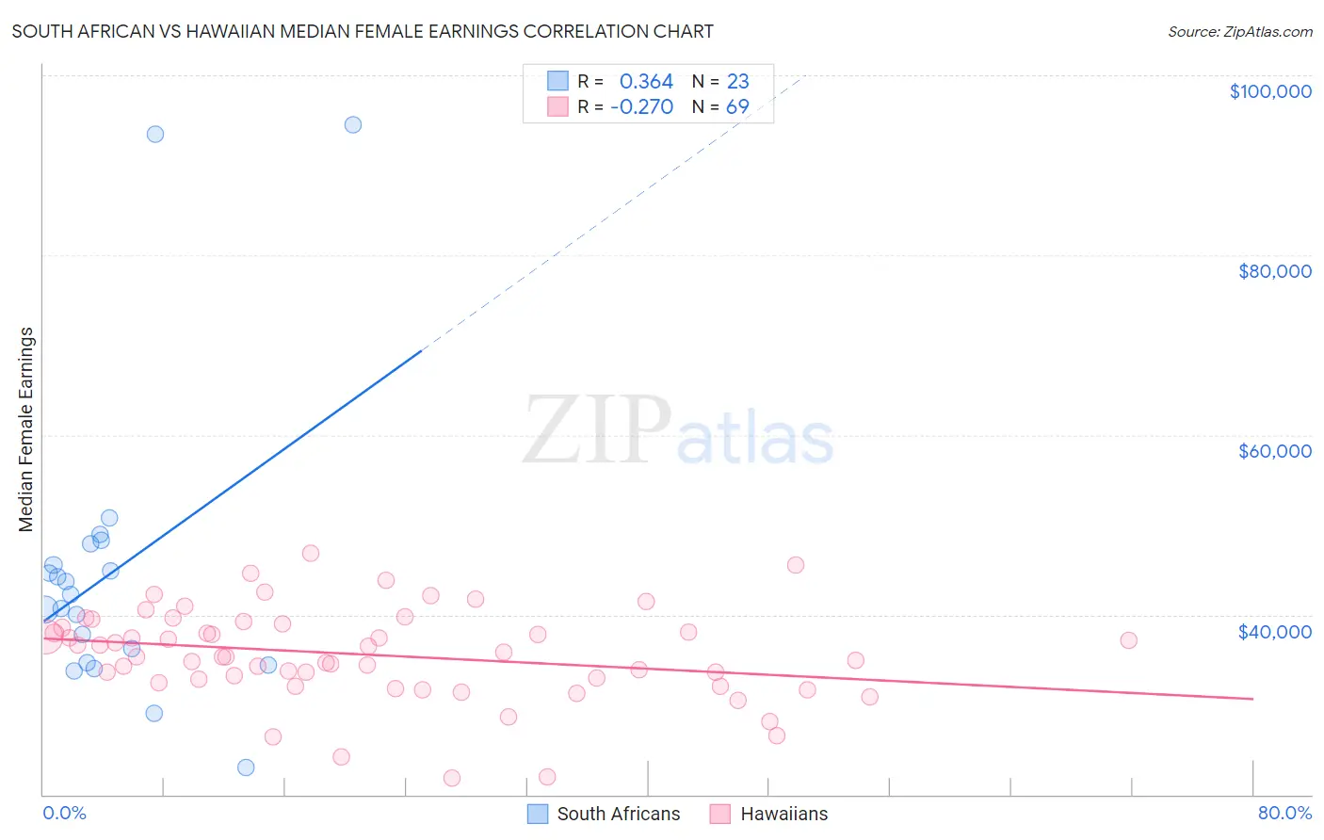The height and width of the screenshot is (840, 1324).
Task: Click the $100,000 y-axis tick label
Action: click(1269, 91)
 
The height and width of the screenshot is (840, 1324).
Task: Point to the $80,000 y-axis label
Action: click(1274, 271)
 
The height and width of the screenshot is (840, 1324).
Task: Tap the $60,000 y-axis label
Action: click(1274, 451)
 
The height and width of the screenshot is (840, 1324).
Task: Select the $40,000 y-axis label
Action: click(1274, 632)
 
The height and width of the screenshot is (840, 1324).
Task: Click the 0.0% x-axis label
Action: click(64, 813)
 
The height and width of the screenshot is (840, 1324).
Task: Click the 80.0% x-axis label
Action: click(1284, 813)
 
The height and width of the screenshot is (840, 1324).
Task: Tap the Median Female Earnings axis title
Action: click(26, 429)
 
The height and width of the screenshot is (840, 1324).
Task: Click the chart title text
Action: click(363, 31)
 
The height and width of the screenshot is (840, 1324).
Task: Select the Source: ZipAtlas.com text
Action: click(1239, 31)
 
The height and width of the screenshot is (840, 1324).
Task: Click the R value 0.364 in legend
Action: click(646, 82)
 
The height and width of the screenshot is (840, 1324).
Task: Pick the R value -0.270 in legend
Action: click(641, 107)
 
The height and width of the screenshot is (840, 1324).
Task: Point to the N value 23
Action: click(737, 82)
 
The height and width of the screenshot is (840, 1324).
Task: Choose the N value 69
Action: click(737, 107)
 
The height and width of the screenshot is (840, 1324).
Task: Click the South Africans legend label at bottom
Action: click(618, 814)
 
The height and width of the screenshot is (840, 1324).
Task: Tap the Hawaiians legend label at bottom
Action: click(783, 814)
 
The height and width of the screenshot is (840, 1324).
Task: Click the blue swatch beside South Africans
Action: click(537, 814)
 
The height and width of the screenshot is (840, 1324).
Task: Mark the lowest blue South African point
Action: click(246, 767)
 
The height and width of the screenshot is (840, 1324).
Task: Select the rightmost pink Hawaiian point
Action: click(1128, 640)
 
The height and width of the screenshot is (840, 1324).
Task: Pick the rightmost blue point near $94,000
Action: click(352, 124)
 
